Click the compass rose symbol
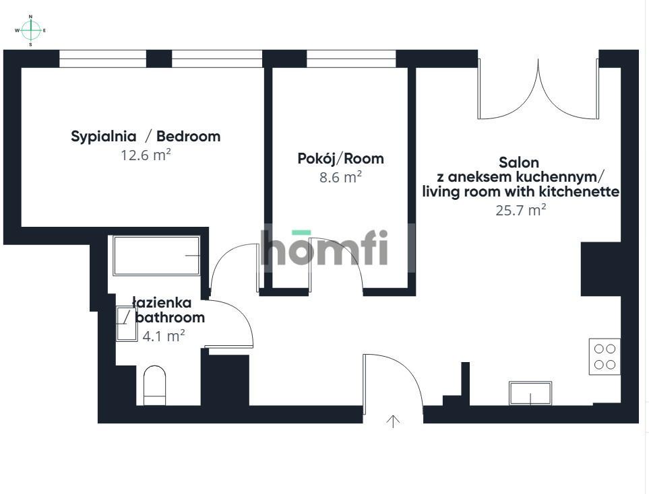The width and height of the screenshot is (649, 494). pos(30,30)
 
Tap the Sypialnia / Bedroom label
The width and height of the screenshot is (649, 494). pos(146,136)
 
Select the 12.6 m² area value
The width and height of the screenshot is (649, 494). pos(146,155)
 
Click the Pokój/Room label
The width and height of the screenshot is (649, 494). pos(340,158)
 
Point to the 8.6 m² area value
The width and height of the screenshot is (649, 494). pos(340,177)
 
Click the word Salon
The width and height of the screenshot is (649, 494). pos(519,162)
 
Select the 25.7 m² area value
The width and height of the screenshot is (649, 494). pos(521,210)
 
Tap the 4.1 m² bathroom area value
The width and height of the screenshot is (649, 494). pos(164,336)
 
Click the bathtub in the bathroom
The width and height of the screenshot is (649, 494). pos(156,256)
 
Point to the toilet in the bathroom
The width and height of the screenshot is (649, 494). pos(154,385)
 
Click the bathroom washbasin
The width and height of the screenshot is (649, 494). pos(127,324)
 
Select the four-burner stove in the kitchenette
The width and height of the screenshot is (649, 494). pos(605,357)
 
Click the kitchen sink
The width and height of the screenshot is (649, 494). pos(530,393)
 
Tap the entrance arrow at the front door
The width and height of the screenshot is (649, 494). pos(393,421)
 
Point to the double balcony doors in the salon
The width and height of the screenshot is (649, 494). pos(538,89)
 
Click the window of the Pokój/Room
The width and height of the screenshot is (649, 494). pos(351,59)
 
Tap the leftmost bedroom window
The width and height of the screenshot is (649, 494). pos(102,59)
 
